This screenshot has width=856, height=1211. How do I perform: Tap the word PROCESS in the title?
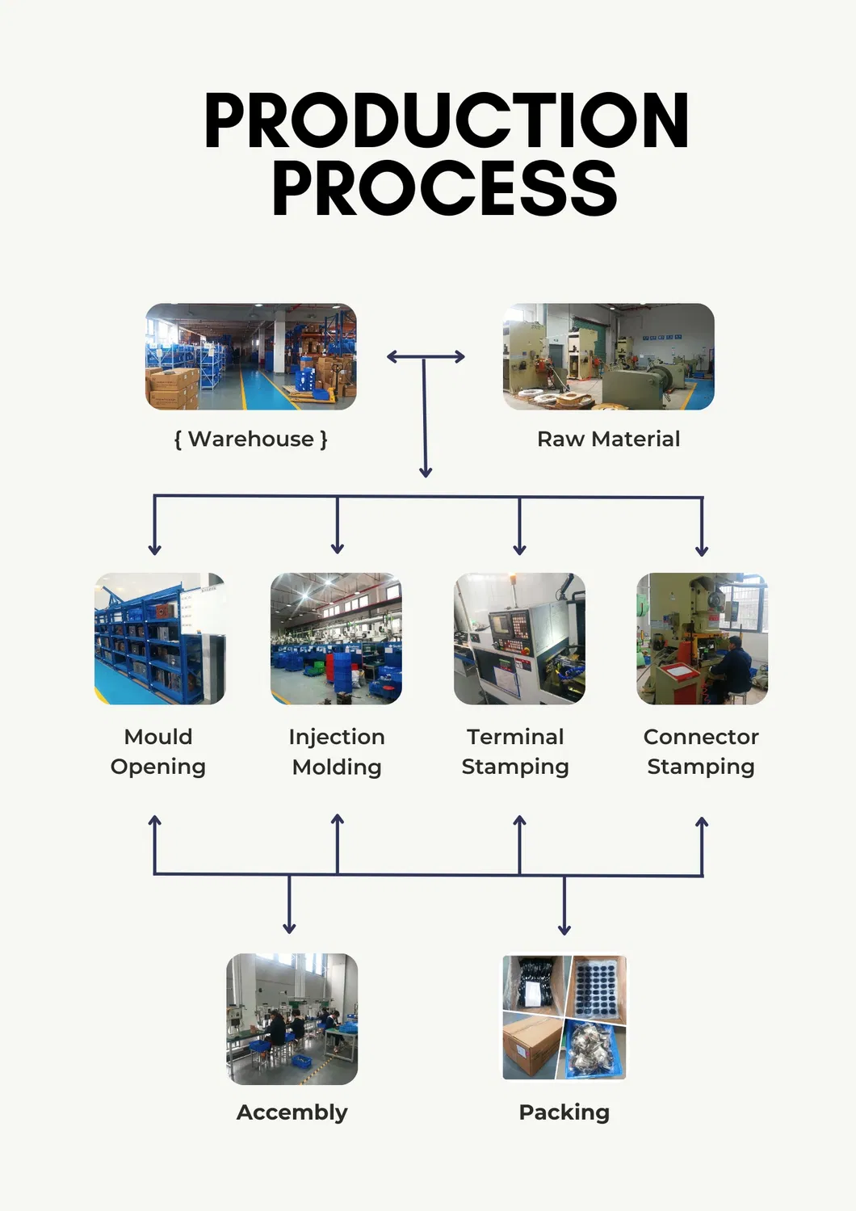(x=444, y=188)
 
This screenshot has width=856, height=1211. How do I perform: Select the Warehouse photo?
(x=250, y=356)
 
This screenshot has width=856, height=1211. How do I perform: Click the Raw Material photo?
(x=608, y=356)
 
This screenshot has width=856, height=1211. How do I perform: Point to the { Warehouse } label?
(x=250, y=439)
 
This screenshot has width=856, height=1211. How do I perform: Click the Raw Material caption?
(x=608, y=439)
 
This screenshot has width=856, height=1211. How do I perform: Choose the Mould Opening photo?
(x=160, y=638)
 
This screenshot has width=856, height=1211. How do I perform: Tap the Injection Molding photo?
(x=336, y=638)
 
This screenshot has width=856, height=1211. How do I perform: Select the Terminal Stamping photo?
(x=519, y=638)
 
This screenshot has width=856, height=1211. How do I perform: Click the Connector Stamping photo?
(x=702, y=638)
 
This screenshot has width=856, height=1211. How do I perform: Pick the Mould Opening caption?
(x=158, y=751)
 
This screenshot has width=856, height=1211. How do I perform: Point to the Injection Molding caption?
(x=337, y=751)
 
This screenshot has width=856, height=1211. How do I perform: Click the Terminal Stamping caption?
(x=515, y=751)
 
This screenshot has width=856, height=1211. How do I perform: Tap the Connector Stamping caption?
(x=701, y=751)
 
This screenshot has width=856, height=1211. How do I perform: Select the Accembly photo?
(x=292, y=1019)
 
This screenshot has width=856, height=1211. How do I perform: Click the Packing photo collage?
(x=564, y=1017)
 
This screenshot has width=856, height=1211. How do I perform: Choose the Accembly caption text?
(x=292, y=1112)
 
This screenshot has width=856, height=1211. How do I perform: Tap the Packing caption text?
(x=564, y=1112)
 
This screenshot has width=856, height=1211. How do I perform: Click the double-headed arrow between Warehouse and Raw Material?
(x=426, y=356)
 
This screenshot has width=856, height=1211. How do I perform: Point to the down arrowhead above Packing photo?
(x=564, y=929)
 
